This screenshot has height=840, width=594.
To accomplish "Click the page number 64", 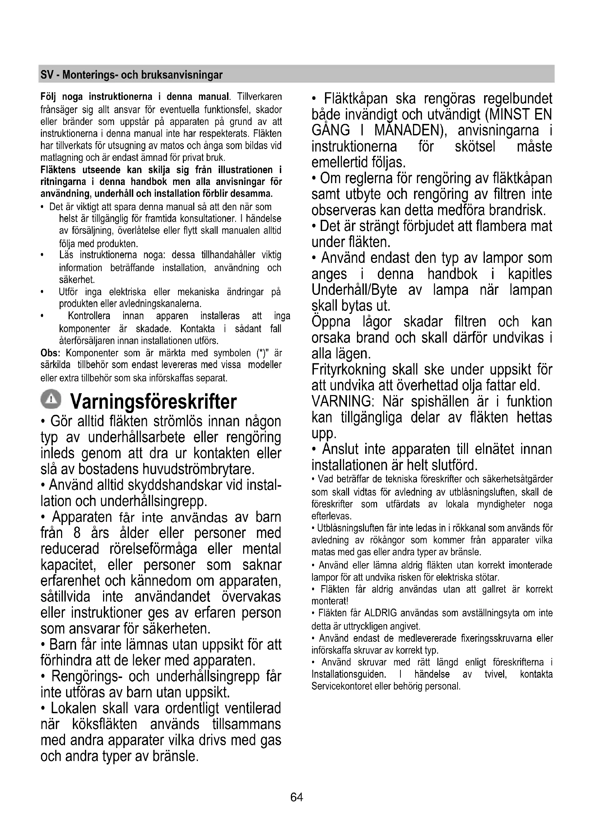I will (297, 797).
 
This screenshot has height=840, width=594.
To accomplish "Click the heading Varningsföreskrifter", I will (153, 402).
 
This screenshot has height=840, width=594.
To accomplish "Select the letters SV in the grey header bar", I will (46, 75).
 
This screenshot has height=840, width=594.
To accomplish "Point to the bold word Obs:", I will (50, 353).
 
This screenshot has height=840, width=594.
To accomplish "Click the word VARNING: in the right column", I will (342, 402).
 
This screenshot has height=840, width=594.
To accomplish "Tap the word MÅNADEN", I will (410, 131).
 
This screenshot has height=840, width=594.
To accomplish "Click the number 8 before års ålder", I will (77, 533).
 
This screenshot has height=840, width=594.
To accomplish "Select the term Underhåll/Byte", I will (354, 290).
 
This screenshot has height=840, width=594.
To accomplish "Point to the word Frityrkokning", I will (349, 370).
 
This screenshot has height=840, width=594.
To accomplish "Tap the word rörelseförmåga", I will (153, 549).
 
